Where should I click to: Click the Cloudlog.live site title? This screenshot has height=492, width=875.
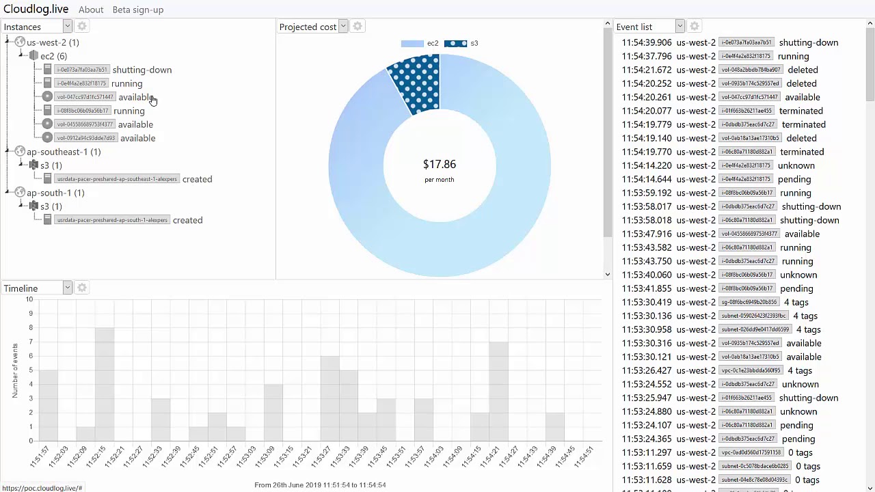[36, 10]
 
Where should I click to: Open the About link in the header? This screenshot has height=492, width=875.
[91, 10]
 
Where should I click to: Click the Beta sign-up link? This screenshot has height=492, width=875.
[137, 10]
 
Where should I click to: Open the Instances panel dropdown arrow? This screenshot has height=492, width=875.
[67, 26]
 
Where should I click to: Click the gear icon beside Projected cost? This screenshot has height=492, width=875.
[358, 27]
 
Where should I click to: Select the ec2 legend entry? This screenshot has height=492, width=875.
[420, 43]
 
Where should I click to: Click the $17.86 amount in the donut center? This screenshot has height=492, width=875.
[440, 164]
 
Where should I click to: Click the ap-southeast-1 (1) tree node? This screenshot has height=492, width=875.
[63, 152]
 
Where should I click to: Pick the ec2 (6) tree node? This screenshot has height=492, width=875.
[53, 56]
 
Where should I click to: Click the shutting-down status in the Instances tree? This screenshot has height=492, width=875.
[142, 70]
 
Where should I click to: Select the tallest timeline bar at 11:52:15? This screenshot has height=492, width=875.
[105, 384]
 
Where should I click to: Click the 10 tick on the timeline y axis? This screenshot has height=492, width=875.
[29, 299]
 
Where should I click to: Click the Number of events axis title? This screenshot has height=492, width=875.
[15, 370]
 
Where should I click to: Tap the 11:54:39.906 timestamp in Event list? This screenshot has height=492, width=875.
[647, 42]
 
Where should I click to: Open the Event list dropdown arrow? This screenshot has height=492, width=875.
[679, 26]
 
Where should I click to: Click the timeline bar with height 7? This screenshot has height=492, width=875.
[498, 391]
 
